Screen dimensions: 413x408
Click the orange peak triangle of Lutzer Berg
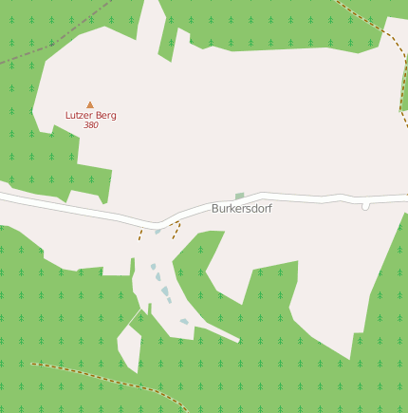click(90, 104)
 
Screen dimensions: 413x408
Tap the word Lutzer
click(79, 115)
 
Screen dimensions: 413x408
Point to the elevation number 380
click(90, 125)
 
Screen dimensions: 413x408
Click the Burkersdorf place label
click(241, 208)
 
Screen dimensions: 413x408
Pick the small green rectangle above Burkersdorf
click(240, 196)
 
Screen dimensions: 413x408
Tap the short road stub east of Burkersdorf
click(365, 205)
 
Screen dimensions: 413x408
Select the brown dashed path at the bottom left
click(104, 372)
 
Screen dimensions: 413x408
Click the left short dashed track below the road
click(140, 233)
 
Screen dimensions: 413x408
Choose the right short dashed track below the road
click(176, 230)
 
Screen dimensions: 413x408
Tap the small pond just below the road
click(158, 231)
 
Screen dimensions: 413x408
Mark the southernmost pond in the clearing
click(184, 322)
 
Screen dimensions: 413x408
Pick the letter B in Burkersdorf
click(215, 208)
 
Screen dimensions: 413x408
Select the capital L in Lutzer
click(68, 115)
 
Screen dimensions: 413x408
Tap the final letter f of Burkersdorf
click(269, 208)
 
